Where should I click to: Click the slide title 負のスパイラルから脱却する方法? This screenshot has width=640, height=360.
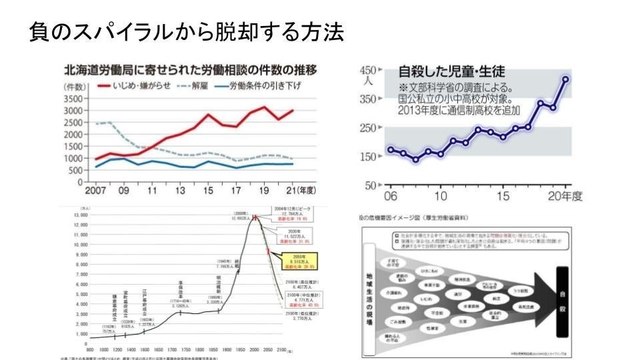[187, 32]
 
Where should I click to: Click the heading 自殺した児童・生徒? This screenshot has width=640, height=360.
[451, 71]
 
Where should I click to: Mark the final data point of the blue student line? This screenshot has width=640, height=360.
[566, 79]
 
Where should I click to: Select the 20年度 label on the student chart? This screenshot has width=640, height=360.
[565, 196]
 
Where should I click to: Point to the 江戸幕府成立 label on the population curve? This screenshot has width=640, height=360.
[144, 307]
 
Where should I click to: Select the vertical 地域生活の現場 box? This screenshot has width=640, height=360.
[370, 298]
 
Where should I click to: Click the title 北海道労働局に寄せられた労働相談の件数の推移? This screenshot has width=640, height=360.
[189, 70]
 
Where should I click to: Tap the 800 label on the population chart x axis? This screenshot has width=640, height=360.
[89, 349]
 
